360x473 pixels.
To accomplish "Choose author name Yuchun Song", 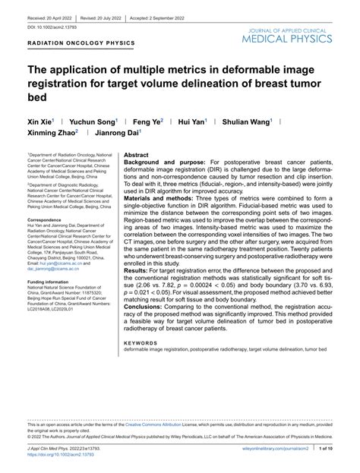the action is coord(89,121).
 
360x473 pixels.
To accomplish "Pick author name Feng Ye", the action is coord(146,121).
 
